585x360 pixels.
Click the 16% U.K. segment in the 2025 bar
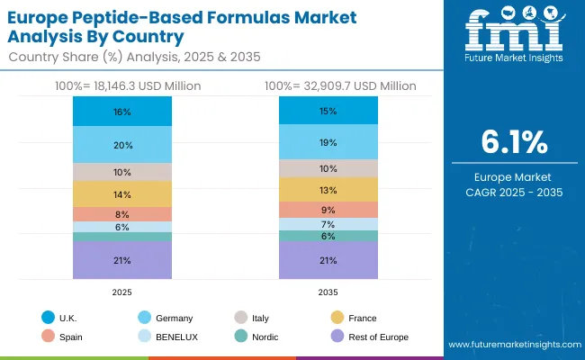tap(122, 112)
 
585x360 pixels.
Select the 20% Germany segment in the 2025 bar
tap(122, 145)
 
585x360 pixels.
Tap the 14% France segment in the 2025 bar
tap(122, 194)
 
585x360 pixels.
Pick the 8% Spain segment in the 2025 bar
tap(122, 214)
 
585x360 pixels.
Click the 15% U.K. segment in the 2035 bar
tap(328, 111)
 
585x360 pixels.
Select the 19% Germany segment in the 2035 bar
tap(328, 142)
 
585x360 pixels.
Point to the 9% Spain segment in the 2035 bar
tap(328, 210)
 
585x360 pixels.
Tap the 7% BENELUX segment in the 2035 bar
tap(328, 224)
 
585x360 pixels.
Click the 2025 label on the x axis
tap(122, 292)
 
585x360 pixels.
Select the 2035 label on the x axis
tap(328, 292)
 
